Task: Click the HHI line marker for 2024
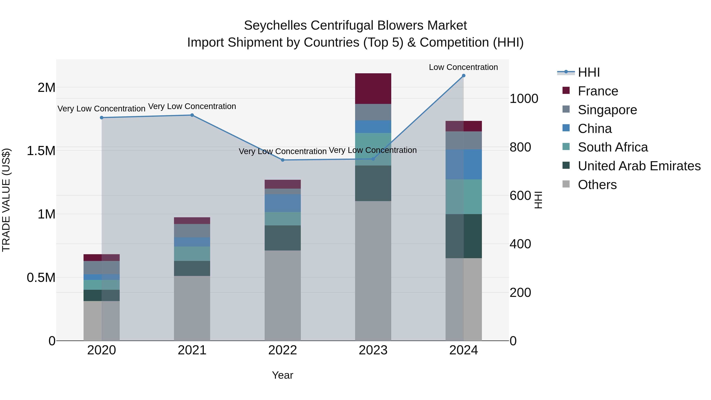pos(463,76)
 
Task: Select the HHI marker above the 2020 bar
pos(102,118)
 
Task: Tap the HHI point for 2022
pos(282,160)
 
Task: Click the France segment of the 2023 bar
pos(373,89)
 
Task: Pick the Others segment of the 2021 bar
pos(192,308)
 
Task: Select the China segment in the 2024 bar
pos(463,164)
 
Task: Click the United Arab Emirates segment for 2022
pos(282,238)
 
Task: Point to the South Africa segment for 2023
pos(373,149)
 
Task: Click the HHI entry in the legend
pos(589,72)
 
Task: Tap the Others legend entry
pos(597,185)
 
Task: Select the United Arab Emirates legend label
pos(639,166)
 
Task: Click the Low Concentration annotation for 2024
pos(463,67)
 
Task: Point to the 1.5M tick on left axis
pos(41,151)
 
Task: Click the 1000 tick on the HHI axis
pos(524,99)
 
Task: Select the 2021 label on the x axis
pos(192,350)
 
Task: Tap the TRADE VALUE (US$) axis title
pos(6,200)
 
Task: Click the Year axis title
pos(282,375)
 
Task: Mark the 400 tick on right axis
pos(520,244)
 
